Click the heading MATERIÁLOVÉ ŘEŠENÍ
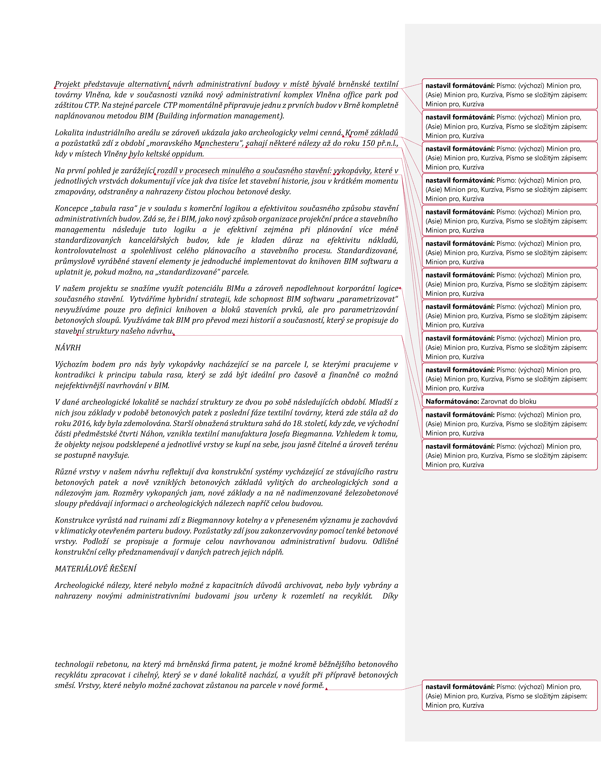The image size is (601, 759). [96, 569]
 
